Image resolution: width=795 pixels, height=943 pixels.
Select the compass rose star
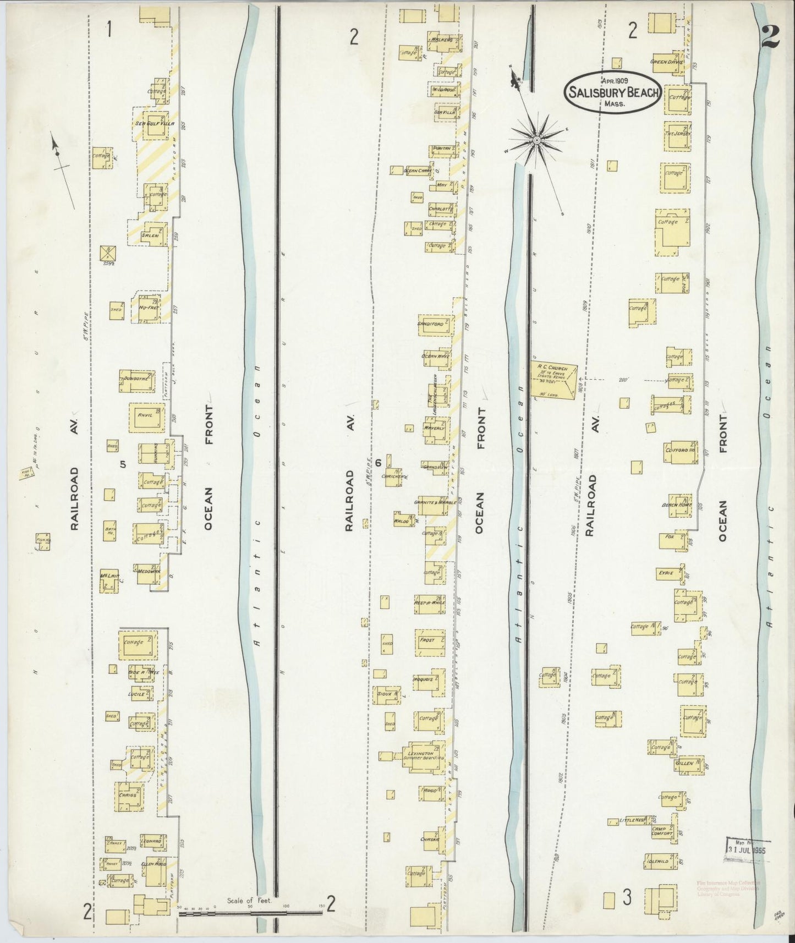click(535, 141)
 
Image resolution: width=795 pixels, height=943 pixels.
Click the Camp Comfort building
click(662, 832)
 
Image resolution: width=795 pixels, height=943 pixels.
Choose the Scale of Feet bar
click(250, 914)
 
